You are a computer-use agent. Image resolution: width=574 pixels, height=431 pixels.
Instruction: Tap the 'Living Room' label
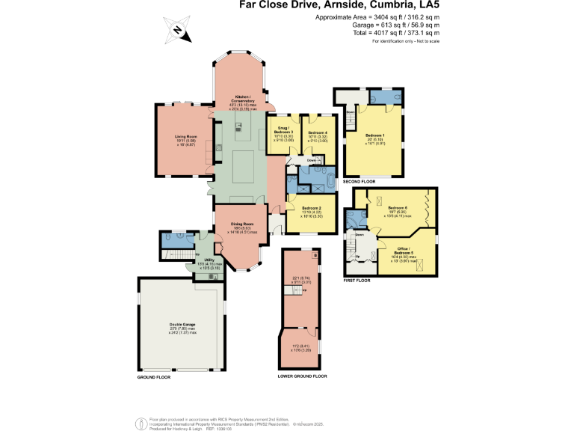point(185,136)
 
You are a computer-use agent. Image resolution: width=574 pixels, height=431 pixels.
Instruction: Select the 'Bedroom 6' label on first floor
point(396,207)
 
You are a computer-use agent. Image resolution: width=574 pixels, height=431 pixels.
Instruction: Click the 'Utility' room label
point(201,259)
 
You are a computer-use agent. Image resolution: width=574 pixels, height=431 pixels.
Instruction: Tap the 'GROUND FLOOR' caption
point(153,378)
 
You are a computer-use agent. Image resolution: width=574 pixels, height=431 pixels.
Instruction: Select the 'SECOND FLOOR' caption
point(358,182)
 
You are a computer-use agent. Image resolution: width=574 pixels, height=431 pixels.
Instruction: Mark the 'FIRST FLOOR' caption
point(357,280)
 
